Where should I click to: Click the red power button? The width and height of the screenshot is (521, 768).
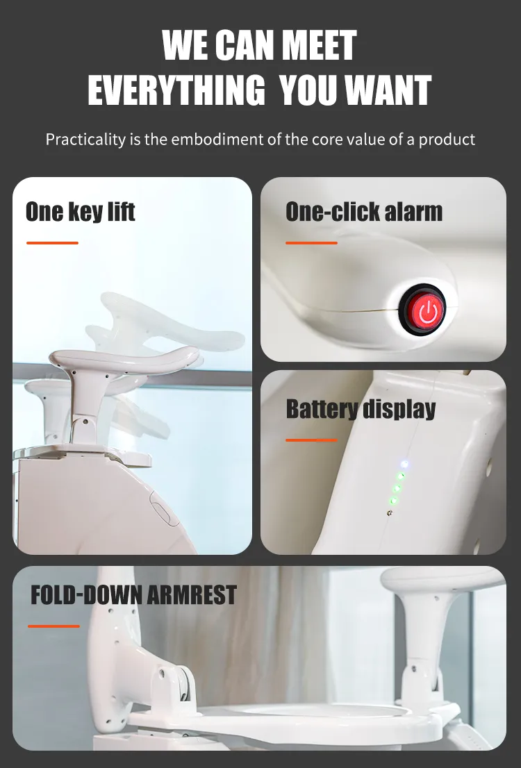click(427, 310)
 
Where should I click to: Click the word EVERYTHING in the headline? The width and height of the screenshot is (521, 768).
click(176, 90)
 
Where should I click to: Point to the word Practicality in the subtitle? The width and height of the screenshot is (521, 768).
click(85, 140)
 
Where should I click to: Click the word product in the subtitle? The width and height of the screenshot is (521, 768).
click(447, 140)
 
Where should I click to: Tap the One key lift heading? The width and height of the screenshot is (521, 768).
click(81, 212)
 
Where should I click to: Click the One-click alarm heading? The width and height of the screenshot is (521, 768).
click(364, 212)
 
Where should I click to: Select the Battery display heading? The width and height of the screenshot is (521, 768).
click(361, 409)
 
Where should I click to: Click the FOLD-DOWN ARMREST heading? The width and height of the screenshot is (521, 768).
click(134, 594)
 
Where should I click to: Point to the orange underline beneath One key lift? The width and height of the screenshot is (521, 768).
click(52, 243)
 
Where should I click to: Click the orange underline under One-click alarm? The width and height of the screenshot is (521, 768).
click(312, 243)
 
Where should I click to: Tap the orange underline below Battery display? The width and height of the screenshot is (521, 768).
click(312, 440)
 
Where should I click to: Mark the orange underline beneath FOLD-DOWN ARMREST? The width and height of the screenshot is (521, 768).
click(53, 626)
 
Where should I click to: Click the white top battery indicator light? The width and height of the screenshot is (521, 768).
click(404, 464)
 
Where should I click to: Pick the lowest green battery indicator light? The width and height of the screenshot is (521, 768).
click(393, 501)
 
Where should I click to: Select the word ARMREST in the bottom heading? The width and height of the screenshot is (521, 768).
click(192, 594)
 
